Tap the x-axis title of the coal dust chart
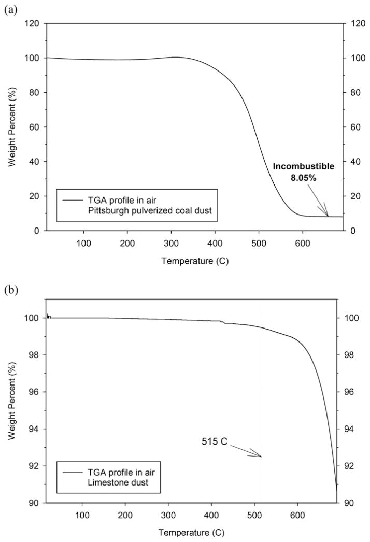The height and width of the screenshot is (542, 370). click(x=194, y=261)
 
